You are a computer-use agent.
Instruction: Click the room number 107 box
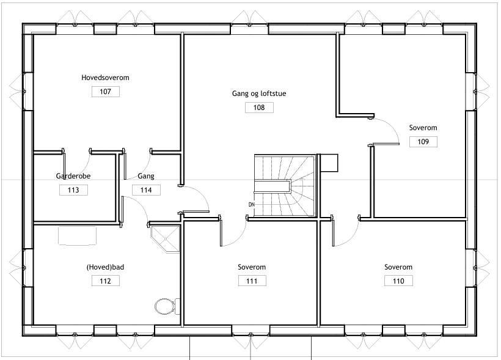(106, 92)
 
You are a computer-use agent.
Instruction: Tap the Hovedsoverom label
(105, 78)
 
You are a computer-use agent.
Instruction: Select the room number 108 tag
(259, 108)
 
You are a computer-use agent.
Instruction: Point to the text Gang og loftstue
(259, 94)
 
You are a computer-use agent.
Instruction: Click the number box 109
(423, 142)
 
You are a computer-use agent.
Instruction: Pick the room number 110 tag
(398, 281)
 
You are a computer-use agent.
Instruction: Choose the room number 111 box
(252, 281)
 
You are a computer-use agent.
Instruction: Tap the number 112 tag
(106, 281)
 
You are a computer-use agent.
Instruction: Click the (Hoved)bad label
(105, 267)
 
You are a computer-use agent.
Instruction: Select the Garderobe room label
(73, 176)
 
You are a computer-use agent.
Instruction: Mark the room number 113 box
(73, 190)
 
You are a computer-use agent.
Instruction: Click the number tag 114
(147, 190)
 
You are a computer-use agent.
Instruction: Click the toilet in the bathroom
(167, 306)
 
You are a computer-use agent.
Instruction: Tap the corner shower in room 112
(165, 239)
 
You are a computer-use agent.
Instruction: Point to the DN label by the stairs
(252, 204)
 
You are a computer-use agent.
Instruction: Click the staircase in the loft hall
(285, 185)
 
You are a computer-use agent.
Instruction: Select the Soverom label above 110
(398, 267)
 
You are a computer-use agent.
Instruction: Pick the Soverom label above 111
(252, 267)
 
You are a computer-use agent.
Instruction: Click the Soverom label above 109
(423, 128)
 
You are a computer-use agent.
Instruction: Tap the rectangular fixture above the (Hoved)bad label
(78, 236)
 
